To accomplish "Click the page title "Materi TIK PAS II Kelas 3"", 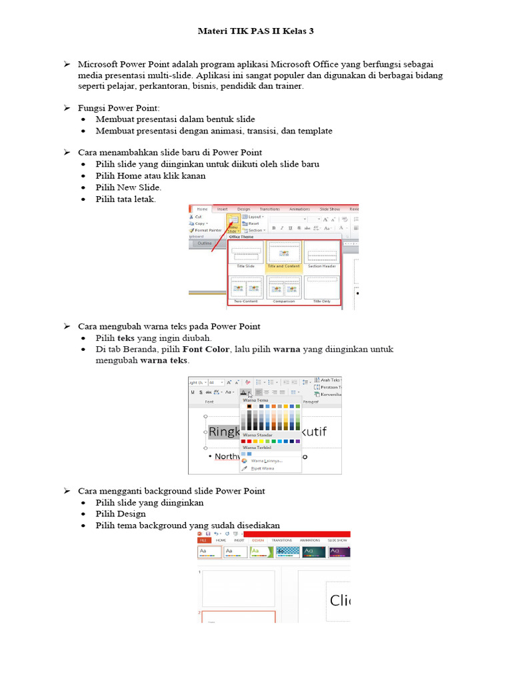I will tap(256, 31).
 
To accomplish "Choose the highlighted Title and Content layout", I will tap(283, 255).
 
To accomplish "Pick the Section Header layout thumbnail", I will tap(321, 255).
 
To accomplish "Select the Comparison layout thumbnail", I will tap(283, 289).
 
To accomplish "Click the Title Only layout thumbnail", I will tap(321, 289).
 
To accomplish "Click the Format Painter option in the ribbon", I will tap(207, 230).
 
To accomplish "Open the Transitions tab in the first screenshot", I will tap(269, 209).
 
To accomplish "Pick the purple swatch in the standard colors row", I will tap(297, 441).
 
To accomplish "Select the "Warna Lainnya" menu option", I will tap(266, 460).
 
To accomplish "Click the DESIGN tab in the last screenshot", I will tap(258, 540).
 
